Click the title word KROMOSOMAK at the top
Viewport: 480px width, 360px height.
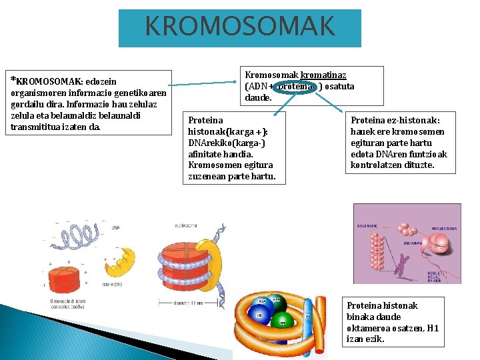tap(240, 27)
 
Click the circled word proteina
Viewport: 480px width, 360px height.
tap(294, 86)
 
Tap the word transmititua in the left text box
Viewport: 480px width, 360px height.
tap(34, 126)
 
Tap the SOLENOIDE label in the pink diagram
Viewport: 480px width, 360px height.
tap(367, 226)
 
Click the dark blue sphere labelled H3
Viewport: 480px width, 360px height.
tap(259, 315)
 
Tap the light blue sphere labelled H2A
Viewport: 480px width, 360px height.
tap(262, 302)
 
